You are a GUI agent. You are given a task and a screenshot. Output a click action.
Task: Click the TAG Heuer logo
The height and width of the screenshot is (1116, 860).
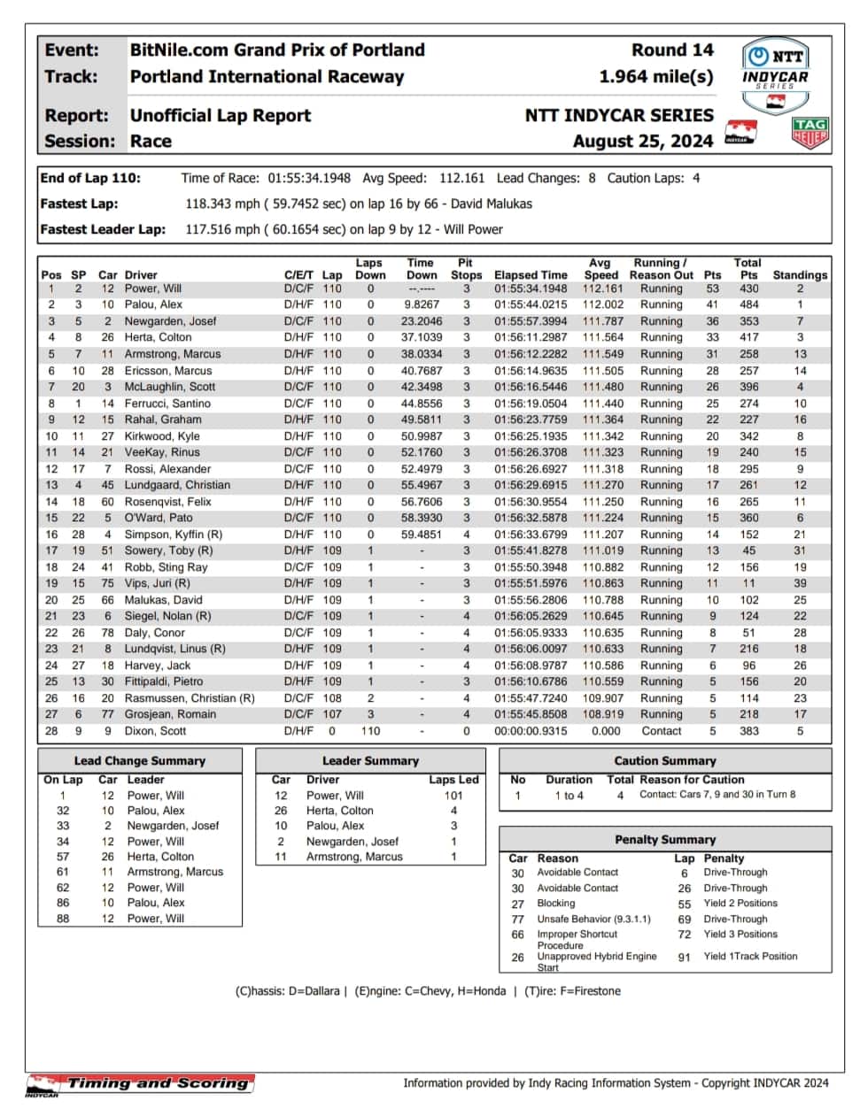[x=810, y=132]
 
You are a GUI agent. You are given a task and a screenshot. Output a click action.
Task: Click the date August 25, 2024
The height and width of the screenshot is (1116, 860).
[x=642, y=141]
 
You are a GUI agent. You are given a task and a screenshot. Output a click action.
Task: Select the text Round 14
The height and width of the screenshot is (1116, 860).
[x=671, y=50]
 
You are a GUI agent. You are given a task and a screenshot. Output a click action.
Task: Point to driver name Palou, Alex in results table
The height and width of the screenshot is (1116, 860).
[x=153, y=304]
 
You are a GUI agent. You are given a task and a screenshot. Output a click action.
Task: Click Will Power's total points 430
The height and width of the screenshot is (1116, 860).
[x=748, y=289]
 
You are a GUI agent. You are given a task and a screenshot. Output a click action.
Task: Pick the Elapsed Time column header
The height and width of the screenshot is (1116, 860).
[x=531, y=275]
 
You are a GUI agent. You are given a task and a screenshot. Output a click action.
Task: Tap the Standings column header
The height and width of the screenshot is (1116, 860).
[x=799, y=275]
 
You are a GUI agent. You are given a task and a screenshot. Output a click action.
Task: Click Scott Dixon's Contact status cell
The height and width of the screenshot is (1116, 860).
[x=661, y=731]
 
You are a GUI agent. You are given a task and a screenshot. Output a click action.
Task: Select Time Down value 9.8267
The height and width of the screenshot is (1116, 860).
[x=421, y=304]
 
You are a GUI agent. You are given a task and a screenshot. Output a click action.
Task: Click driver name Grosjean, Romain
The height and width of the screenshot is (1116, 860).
[x=170, y=714]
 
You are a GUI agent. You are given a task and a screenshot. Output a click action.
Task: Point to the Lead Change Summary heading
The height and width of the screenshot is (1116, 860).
[x=139, y=760]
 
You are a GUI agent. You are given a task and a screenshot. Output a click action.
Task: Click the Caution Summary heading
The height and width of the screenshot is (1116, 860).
[x=664, y=760]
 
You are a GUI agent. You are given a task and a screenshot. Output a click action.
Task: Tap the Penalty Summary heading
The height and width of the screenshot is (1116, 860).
[x=664, y=839]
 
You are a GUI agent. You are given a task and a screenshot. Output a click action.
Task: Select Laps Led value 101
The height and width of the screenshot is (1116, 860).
[x=453, y=795]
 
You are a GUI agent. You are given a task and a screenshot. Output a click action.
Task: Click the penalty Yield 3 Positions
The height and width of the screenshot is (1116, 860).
[x=740, y=934]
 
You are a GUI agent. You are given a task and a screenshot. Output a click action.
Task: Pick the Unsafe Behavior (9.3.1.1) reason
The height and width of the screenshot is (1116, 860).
[x=593, y=919]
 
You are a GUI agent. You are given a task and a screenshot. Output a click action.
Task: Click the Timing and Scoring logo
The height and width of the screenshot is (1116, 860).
[x=140, y=1084]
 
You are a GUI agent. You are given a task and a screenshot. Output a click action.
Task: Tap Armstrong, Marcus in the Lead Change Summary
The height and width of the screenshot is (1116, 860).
[x=174, y=872]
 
